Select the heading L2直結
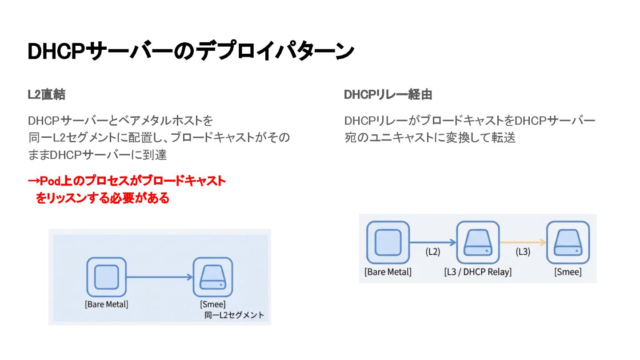[x=47, y=95]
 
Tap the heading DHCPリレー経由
[x=388, y=95]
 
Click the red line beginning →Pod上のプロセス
[x=127, y=181]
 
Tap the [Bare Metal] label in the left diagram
[x=107, y=304]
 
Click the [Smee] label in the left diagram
[x=213, y=304]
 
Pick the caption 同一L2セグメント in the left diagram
[x=234, y=315]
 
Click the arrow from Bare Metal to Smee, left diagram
[x=159, y=277]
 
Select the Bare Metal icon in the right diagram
[x=388, y=243]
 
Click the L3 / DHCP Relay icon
[x=478, y=243]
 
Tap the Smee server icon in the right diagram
[x=568, y=243]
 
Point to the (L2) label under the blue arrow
[x=432, y=252]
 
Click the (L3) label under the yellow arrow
[x=523, y=252]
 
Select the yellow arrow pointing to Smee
[x=523, y=242]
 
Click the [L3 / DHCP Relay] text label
[x=478, y=272]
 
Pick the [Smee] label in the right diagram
[x=568, y=272]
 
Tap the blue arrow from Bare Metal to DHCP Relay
[x=432, y=242]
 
